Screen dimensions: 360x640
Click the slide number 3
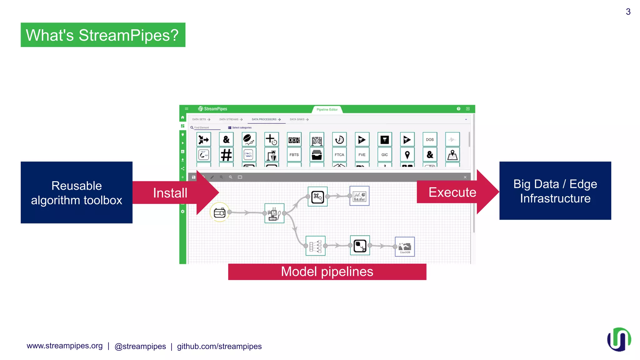(628, 12)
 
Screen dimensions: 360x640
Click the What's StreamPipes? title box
(103, 35)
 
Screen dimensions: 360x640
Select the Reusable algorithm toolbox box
(77, 192)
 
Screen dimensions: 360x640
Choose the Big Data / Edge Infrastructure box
(555, 191)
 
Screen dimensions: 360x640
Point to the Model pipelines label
(327, 272)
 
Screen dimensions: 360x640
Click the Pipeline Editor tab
(327, 110)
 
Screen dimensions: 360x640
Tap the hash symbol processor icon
(226, 155)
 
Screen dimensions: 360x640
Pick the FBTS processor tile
(294, 155)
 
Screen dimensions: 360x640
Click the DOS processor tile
(430, 140)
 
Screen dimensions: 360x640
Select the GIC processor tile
(384, 155)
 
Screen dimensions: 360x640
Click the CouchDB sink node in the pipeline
(405, 247)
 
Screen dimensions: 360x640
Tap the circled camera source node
(220, 212)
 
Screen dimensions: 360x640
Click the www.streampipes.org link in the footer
(65, 346)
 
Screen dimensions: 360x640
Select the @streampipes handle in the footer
(140, 346)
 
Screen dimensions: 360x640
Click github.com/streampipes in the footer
(219, 346)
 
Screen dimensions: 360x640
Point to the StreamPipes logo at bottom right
(619, 339)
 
